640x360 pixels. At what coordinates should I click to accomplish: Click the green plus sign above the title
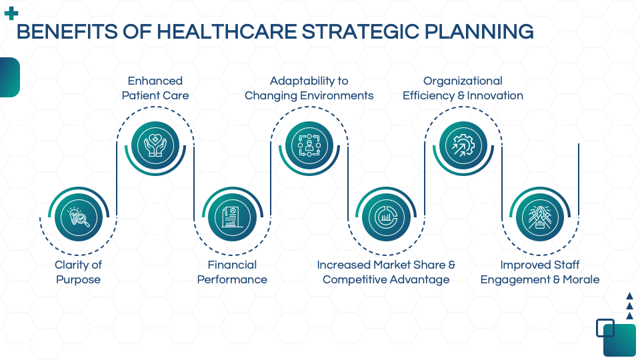[x=11, y=13]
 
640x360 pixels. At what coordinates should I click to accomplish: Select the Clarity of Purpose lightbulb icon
[x=78, y=217]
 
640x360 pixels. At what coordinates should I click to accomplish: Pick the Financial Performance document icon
[x=232, y=217]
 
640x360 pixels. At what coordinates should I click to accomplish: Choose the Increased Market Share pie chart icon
[x=385, y=217]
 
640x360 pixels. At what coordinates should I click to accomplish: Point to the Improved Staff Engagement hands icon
[x=539, y=217]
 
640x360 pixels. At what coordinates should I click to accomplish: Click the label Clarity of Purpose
[x=78, y=272]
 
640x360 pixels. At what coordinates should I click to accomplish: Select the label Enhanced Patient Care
[x=155, y=88]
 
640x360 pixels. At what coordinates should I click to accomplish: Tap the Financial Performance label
[x=232, y=272]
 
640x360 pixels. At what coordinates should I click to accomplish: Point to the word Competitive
[x=355, y=279]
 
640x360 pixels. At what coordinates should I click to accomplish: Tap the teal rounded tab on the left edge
[x=9, y=77]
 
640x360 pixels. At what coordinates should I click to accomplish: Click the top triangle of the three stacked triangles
[x=629, y=295]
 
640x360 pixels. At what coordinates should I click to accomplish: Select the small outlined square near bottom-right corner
[x=605, y=327]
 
